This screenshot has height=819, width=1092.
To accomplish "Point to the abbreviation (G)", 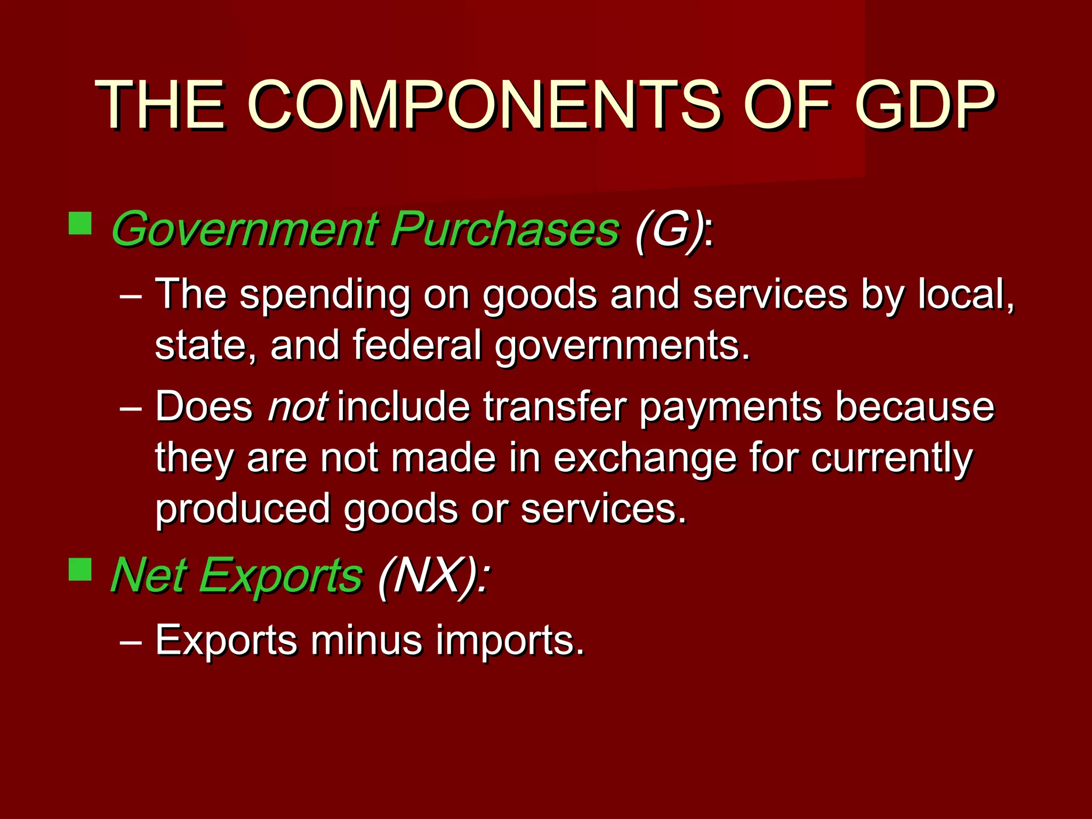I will tap(669, 229).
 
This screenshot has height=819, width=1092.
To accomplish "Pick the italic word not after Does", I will tap(298, 407).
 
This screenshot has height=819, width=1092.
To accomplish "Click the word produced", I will tap(243, 510).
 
